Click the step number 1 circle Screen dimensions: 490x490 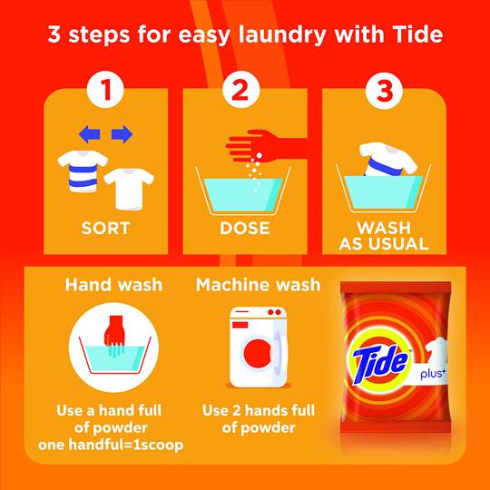pyautogui.click(x=105, y=90)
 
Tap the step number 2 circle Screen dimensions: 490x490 pyautogui.click(x=241, y=90)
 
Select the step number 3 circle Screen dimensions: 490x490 pyautogui.click(x=384, y=90)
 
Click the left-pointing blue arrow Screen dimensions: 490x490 pyautogui.click(x=90, y=134)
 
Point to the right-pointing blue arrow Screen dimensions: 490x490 pyautogui.click(x=122, y=134)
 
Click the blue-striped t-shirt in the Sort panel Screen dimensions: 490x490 pyautogui.click(x=83, y=171)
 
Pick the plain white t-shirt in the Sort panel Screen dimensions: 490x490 pyautogui.click(x=129, y=189)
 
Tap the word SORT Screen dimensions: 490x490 pyautogui.click(x=105, y=228)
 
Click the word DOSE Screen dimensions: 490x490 pyautogui.click(x=245, y=228)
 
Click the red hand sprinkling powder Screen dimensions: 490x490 pyautogui.click(x=266, y=147)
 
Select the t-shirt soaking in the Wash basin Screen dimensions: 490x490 pyautogui.click(x=387, y=160)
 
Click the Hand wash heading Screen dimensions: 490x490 pyautogui.click(x=113, y=285)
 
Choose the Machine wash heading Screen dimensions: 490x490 pyautogui.click(x=258, y=285)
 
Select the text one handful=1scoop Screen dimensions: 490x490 pyautogui.click(x=111, y=445)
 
